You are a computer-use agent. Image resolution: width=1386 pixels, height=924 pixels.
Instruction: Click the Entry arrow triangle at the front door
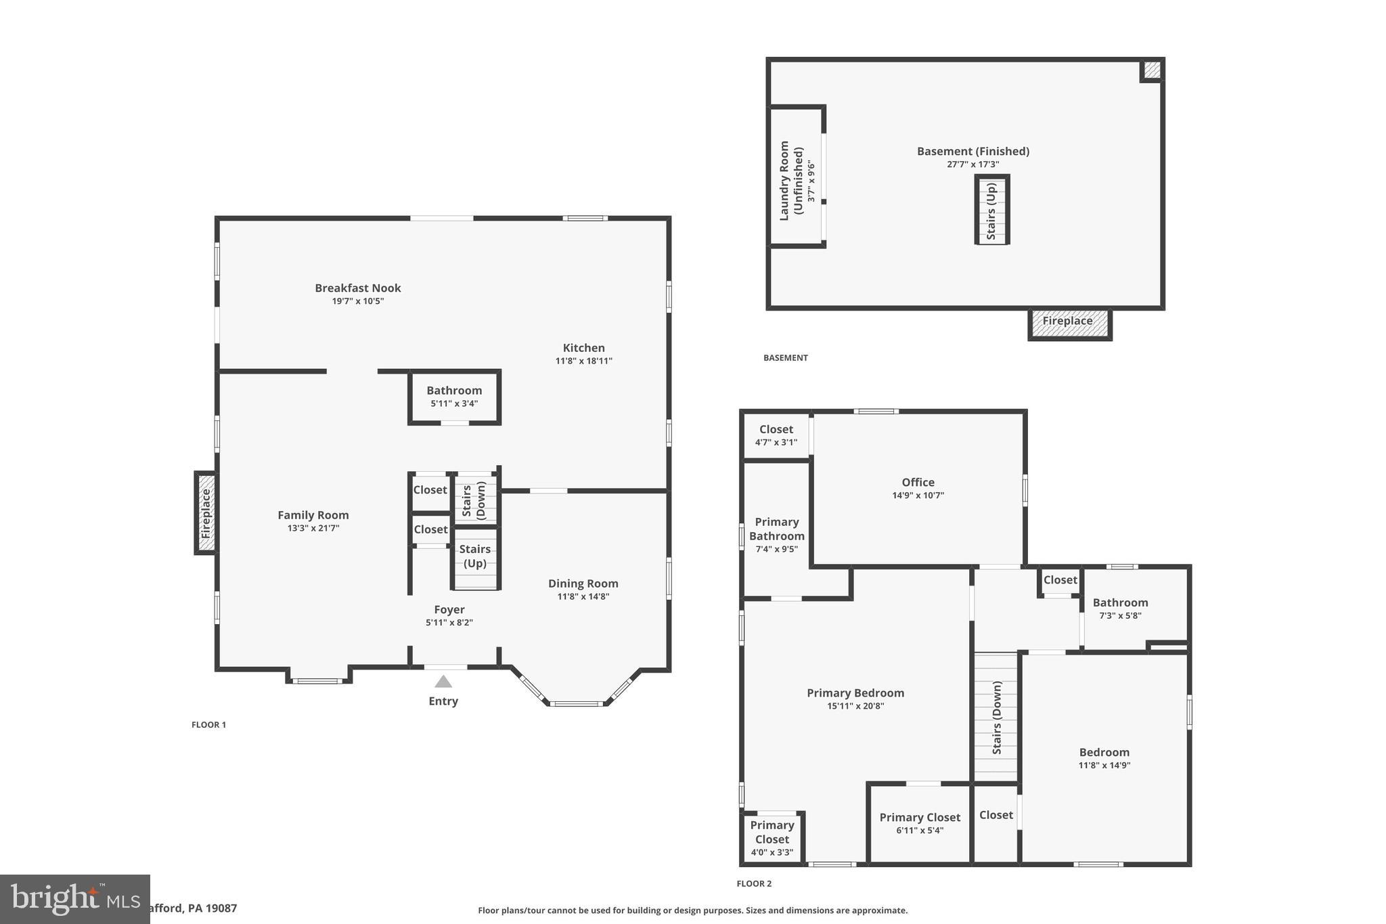click(443, 682)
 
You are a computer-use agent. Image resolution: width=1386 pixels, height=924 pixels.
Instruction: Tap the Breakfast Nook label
click(357, 288)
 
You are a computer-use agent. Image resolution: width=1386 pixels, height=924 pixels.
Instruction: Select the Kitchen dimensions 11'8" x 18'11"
click(583, 361)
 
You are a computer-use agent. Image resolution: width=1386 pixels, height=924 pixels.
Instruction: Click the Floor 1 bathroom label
click(454, 391)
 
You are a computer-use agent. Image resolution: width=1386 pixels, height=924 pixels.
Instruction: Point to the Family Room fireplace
click(206, 513)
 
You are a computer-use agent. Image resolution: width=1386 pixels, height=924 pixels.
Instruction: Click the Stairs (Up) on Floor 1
click(475, 556)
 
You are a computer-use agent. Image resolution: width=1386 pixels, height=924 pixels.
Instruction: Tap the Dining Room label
click(583, 584)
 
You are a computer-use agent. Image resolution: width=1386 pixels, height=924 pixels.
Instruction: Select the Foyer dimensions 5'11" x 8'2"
click(449, 623)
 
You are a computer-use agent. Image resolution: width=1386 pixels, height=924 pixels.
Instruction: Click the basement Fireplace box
click(1069, 323)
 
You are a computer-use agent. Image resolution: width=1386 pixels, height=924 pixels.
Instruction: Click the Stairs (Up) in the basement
click(991, 210)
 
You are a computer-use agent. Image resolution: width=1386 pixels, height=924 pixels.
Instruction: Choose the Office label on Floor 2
click(918, 482)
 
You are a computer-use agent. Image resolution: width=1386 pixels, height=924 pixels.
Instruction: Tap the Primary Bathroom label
click(776, 529)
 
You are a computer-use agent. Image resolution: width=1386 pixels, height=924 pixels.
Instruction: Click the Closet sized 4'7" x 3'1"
click(776, 435)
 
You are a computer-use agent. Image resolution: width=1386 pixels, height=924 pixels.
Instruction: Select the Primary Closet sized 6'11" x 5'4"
click(919, 823)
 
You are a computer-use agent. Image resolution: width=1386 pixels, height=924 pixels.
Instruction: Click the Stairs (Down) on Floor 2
click(996, 718)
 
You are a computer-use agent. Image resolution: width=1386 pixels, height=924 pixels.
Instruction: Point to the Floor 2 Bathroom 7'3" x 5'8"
click(1120, 609)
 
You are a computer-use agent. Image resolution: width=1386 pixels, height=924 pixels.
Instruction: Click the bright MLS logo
click(74, 898)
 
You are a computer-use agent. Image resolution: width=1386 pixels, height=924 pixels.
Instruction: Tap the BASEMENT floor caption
click(785, 357)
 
